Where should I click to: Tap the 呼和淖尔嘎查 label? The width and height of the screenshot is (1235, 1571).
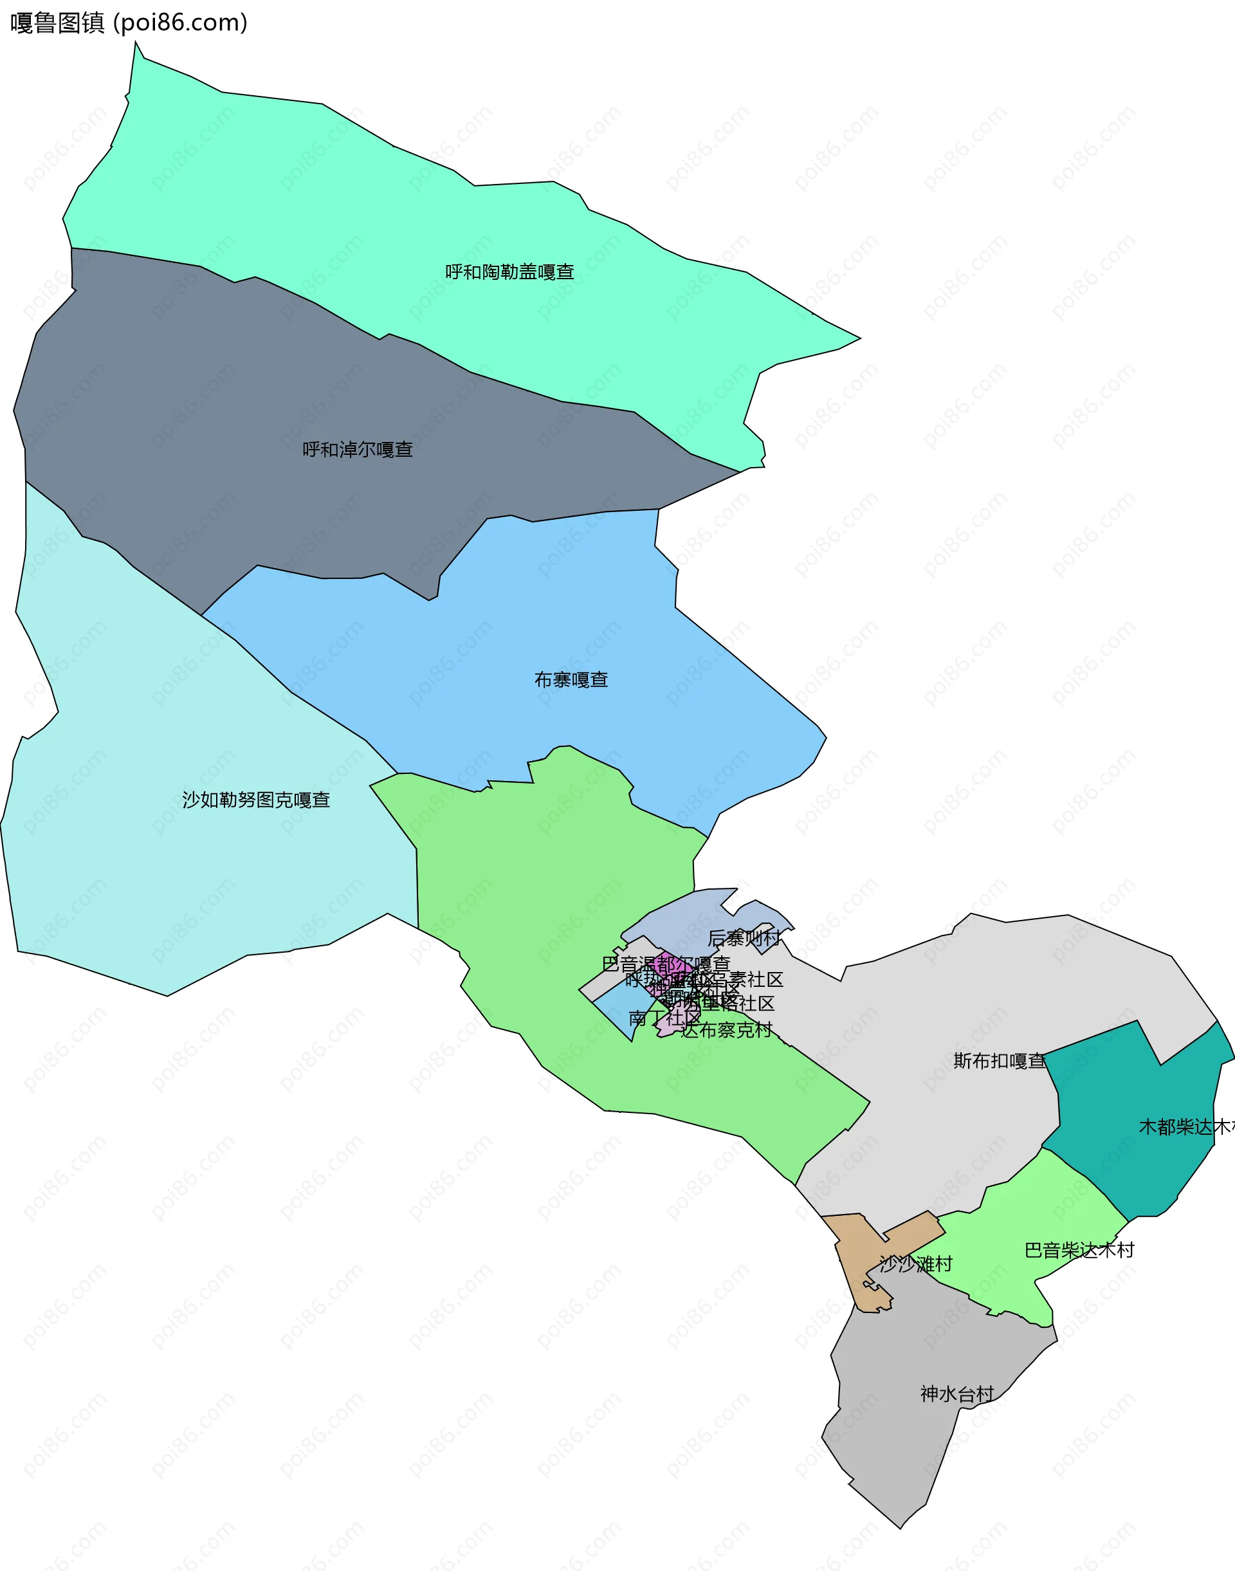tap(357, 450)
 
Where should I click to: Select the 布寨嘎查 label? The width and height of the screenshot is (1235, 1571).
tap(571, 680)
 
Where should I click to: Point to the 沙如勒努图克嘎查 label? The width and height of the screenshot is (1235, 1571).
tap(256, 800)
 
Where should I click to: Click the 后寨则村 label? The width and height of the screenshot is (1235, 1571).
tap(744, 938)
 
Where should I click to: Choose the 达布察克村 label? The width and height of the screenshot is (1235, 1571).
tap(726, 1030)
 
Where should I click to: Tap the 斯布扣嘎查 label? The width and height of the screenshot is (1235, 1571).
tap(1000, 1061)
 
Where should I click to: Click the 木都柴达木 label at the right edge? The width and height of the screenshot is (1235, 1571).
tap(1186, 1127)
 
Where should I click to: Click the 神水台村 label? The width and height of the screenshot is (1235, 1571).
tap(956, 1394)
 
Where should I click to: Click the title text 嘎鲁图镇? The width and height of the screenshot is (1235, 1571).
tap(58, 23)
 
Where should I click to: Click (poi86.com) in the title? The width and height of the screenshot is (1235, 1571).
tap(181, 23)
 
